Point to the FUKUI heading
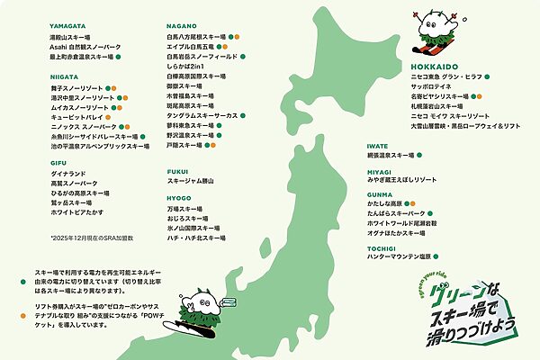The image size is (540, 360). [x=177, y=169]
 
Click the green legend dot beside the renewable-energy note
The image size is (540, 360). [x=26, y=271]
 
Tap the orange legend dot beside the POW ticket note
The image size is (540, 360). [x=26, y=308]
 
